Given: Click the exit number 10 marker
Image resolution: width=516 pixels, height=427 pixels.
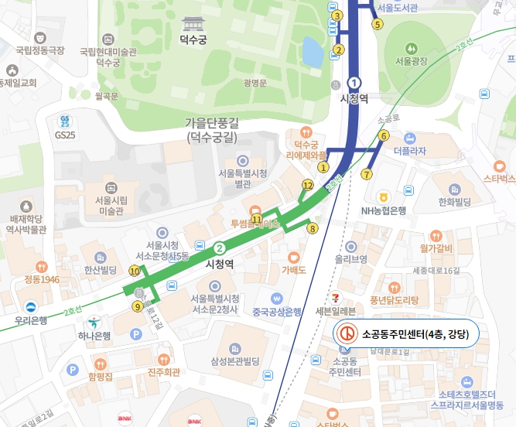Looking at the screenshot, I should pos(135,271).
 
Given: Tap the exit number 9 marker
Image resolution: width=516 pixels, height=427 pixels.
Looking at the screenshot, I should pos(137,306).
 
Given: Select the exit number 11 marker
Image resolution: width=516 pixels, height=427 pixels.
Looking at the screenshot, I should pos(256,220).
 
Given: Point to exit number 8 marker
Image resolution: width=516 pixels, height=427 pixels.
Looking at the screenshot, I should pos(313,228).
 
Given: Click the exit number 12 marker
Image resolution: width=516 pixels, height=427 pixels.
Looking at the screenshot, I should pos(307,185).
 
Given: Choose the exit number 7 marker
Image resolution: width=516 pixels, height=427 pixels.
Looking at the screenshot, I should pos(366,174).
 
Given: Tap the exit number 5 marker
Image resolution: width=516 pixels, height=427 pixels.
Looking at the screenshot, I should pos(378,24).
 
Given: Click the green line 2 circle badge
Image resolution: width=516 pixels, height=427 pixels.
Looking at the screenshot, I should pos(220,248).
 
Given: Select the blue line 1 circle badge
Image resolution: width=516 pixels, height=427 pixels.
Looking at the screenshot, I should pos(354,82).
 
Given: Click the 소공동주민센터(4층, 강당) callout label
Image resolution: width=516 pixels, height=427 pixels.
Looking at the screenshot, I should pos(406,334).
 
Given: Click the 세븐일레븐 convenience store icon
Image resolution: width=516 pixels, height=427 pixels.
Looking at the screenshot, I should pos(335,297).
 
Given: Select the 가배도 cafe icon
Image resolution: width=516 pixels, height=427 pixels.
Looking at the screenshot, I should pos(293,257).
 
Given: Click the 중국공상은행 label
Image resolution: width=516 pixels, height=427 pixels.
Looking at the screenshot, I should pos(276,313).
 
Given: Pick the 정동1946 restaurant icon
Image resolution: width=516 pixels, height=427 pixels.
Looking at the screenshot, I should pos(41,266).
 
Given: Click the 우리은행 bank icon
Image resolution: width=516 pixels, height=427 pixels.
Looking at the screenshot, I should pos(30,305).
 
